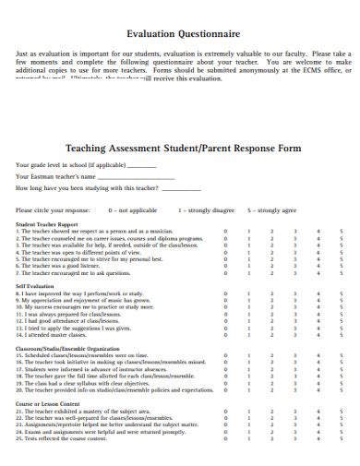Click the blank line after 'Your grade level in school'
click(x=141, y=165)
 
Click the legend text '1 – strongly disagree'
click(x=202, y=209)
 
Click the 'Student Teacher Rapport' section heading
click(x=49, y=224)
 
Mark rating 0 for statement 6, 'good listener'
click(x=225, y=266)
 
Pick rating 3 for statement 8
click(x=294, y=293)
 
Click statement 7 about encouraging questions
click(x=74, y=273)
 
